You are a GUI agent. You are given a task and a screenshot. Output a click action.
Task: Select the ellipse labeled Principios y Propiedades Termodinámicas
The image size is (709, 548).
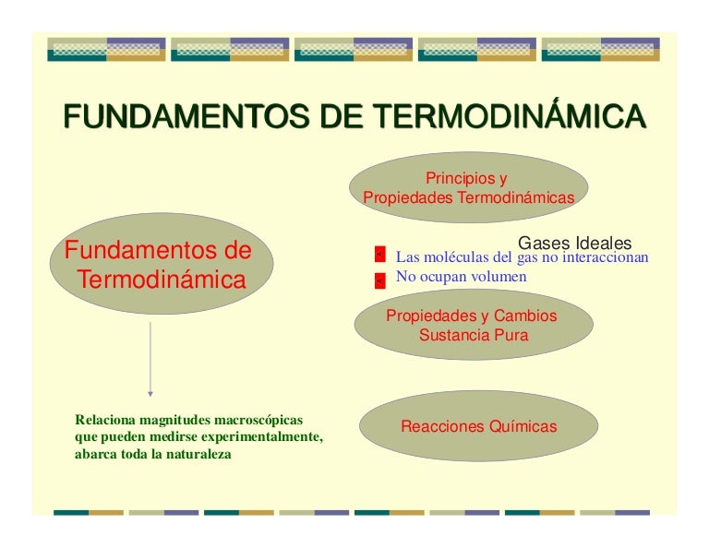coord(468,187)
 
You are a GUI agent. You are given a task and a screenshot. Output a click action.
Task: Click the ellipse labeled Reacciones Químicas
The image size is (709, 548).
coord(478,427)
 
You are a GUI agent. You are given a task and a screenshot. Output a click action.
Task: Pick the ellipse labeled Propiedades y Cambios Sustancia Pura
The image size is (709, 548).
coord(473,326)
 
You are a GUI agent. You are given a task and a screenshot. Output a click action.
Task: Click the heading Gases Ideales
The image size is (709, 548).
coord(574,244)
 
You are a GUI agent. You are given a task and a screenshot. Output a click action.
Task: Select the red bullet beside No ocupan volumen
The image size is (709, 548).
coord(379,280)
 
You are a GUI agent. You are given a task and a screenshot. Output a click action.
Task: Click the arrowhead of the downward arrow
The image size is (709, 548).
coord(150,393)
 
